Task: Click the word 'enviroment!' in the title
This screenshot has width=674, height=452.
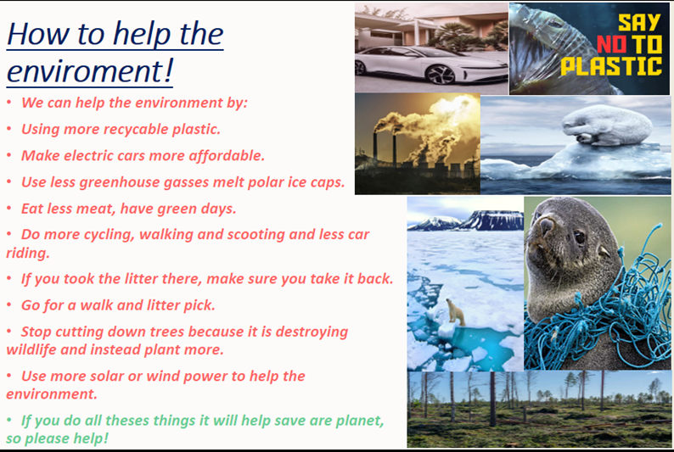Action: click(90, 71)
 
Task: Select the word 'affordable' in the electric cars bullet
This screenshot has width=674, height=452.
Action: click(226, 155)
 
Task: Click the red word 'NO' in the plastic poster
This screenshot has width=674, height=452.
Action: click(612, 44)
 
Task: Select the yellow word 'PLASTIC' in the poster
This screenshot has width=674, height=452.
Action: click(611, 66)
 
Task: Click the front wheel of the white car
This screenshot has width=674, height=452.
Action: click(440, 75)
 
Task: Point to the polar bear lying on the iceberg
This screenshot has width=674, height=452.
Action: click(606, 125)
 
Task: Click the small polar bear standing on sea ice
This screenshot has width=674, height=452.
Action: click(456, 311)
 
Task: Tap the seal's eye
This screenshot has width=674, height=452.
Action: click(580, 237)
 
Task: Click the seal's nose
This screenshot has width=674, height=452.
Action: click(546, 225)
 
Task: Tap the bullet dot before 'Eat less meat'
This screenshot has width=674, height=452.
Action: click(9, 208)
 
